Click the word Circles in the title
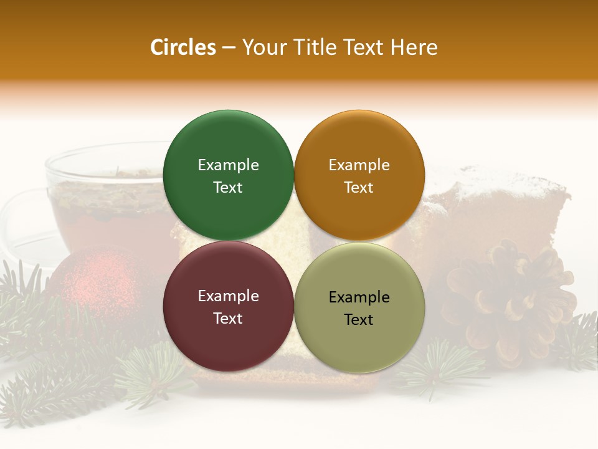pyautogui.click(x=183, y=47)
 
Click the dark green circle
pyautogui.click(x=228, y=143)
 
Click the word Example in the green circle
pyautogui.click(x=228, y=165)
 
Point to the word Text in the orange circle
pyautogui.click(x=359, y=188)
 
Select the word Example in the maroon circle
pyautogui.click(x=228, y=296)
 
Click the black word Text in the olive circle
pyautogui.click(x=359, y=320)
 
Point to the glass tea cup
pyautogui.click(x=93, y=200)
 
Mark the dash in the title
pyautogui.click(x=229, y=47)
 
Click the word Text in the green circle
pyautogui.click(x=228, y=188)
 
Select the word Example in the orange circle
pyautogui.click(x=359, y=165)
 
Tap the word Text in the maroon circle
pyautogui.click(x=228, y=319)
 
